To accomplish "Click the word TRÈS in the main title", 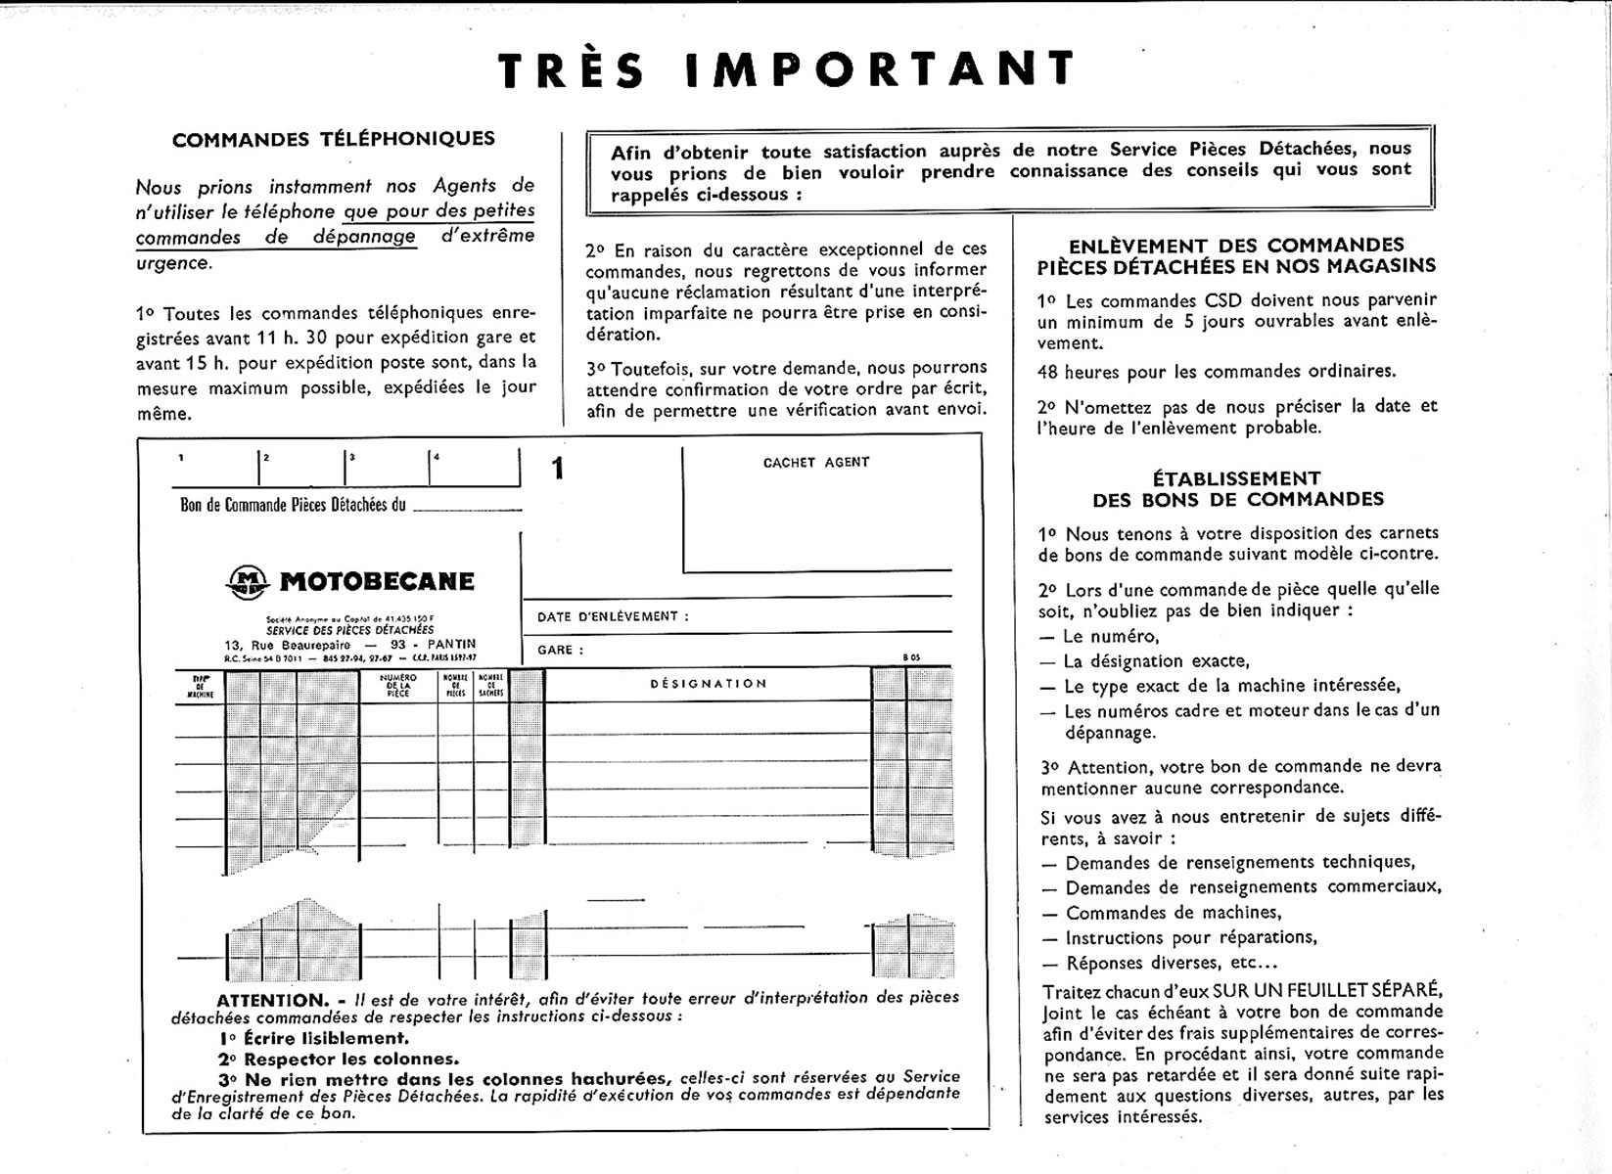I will click(x=572, y=70).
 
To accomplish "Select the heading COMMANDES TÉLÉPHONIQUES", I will click(x=334, y=139).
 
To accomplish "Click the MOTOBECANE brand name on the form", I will click(x=377, y=582).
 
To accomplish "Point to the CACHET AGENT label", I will click(x=816, y=463).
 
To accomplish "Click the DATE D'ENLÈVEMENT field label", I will click(x=613, y=617).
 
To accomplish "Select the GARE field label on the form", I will click(x=560, y=651).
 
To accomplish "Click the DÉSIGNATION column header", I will click(x=709, y=684).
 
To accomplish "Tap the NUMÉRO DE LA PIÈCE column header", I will click(x=398, y=685).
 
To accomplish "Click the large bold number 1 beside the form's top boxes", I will click(x=558, y=470).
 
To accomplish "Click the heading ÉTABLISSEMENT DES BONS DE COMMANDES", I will click(x=1237, y=489).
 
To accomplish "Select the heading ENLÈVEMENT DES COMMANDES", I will click(x=1237, y=246).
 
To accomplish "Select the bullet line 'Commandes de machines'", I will click(x=1173, y=913).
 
